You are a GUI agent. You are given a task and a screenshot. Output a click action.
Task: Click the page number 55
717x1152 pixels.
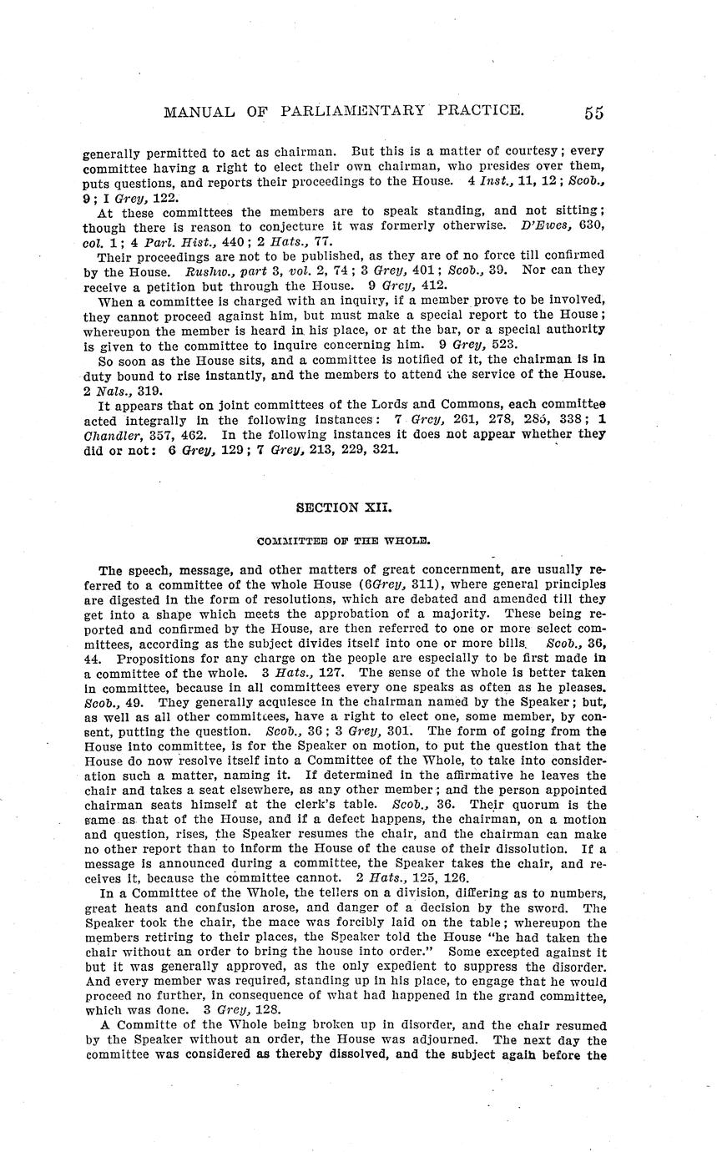593,113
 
